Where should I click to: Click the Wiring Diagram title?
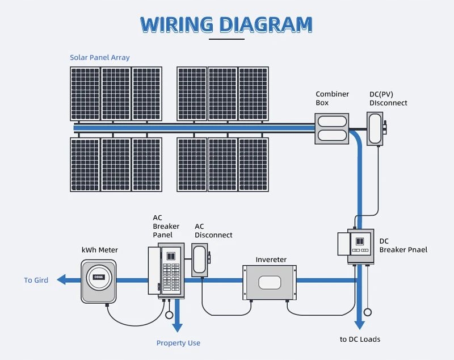pos(226,24)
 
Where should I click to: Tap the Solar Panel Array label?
pos(100,57)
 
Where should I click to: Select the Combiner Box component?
pos(332,128)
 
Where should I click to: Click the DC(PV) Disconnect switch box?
pos(376,128)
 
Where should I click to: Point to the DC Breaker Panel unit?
pos(361,246)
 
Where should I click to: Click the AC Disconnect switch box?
pos(200,260)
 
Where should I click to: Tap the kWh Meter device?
pos(98,281)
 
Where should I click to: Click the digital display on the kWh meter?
pos(99,277)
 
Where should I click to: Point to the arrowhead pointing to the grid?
pos(61,280)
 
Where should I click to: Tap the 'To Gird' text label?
pos(36,280)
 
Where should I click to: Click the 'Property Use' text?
pos(178,343)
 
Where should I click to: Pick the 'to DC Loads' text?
pos(360,339)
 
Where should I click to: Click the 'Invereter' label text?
pos(271,259)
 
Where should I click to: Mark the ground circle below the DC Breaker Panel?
pos(368,312)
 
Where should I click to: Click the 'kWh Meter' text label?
pos(100,250)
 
